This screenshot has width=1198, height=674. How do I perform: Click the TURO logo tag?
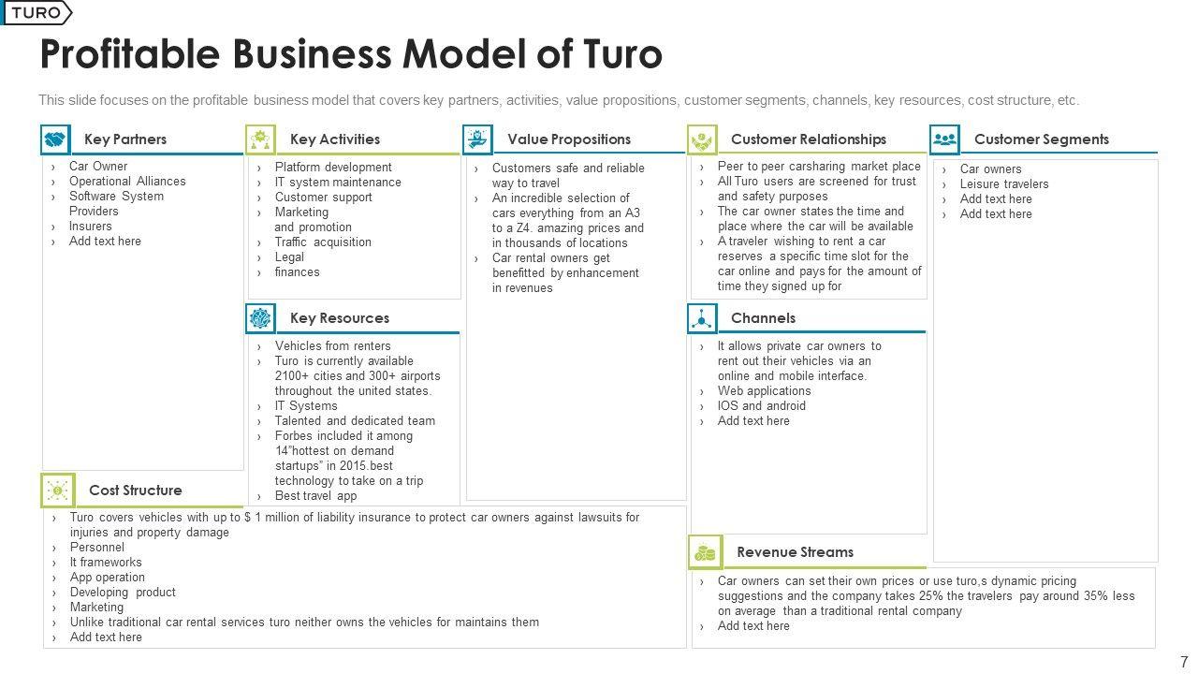click(37, 13)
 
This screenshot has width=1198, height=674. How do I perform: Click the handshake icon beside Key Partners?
click(55, 139)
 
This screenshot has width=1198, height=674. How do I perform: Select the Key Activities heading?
click(334, 139)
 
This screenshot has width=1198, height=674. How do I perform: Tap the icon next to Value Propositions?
click(477, 139)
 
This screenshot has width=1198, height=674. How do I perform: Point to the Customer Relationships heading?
click(808, 139)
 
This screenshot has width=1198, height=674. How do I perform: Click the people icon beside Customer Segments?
click(945, 139)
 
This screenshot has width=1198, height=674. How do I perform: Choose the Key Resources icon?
click(260, 318)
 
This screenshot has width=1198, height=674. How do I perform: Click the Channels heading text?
click(763, 318)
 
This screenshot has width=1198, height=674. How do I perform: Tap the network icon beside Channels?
click(702, 318)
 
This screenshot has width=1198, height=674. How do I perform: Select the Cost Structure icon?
click(58, 490)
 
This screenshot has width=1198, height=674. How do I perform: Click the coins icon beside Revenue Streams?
click(705, 552)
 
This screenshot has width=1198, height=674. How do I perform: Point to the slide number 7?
click(1184, 661)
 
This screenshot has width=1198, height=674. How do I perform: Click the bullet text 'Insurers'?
click(90, 227)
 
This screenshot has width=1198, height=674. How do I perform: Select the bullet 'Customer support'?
click(323, 198)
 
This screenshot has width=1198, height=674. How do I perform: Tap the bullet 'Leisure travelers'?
click(1003, 184)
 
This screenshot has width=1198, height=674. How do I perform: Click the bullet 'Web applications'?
click(764, 391)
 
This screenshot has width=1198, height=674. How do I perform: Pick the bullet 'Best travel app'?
click(315, 496)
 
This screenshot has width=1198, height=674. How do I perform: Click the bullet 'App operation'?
click(107, 578)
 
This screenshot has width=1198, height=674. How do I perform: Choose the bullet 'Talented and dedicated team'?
click(355, 421)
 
